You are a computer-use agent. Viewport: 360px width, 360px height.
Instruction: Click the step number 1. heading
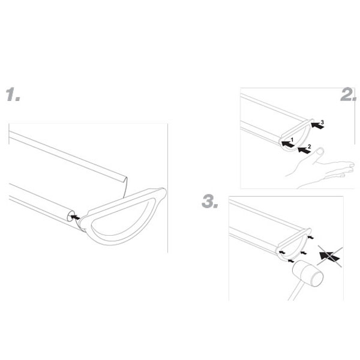coord(13,94)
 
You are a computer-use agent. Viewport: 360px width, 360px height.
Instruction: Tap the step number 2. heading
coord(349,95)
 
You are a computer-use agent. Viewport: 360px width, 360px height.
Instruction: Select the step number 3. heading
coord(210,202)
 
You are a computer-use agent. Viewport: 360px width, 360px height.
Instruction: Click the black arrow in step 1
coord(76,217)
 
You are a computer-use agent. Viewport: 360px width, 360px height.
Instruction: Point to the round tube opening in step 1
coord(70,216)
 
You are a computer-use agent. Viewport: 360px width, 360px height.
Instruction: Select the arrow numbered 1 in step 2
coord(287,144)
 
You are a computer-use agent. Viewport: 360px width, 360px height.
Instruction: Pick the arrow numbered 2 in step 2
coord(304,150)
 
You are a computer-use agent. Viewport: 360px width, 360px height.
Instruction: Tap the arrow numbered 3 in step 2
coord(317,125)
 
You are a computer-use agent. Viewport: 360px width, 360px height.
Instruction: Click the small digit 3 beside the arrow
coord(322,122)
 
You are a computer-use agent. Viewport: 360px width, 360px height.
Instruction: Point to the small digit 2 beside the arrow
coord(309,146)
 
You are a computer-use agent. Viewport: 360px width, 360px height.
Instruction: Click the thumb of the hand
coord(318,154)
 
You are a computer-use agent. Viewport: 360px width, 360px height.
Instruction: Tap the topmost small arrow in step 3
coord(311,237)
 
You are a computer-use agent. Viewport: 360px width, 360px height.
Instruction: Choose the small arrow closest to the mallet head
coord(291,261)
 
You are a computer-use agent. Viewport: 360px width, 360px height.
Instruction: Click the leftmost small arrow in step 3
coord(282,253)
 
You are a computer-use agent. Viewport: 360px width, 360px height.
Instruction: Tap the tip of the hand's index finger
coord(352,164)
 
